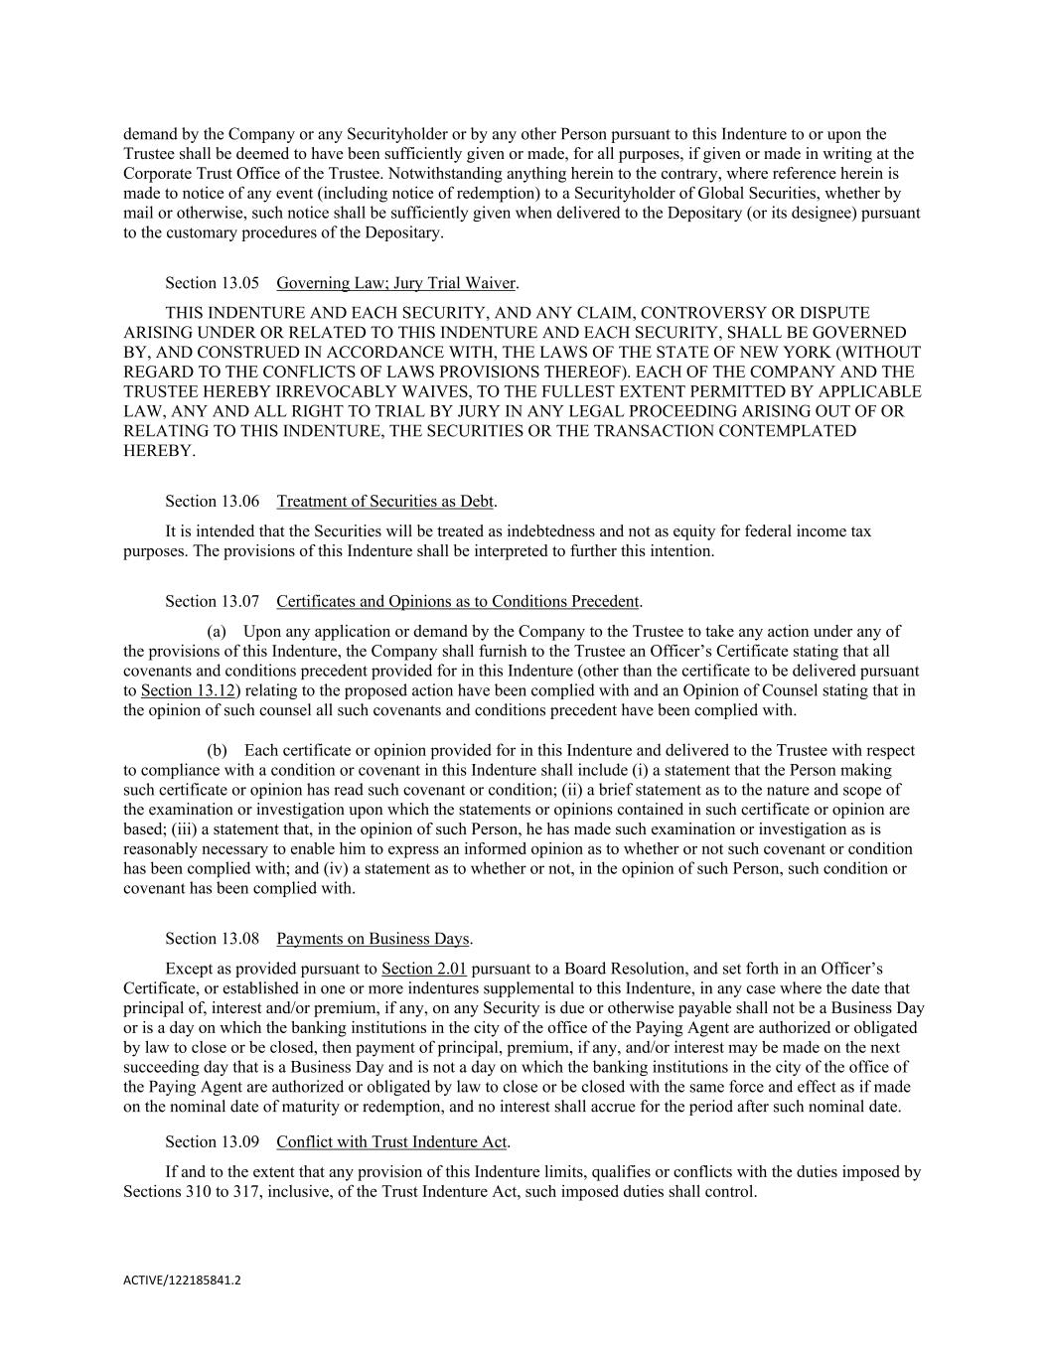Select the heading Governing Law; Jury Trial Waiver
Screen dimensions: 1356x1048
395,283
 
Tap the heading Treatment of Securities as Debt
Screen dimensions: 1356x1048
384,502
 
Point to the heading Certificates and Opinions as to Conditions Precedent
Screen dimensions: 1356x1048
457,602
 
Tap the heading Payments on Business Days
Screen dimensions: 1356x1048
373,939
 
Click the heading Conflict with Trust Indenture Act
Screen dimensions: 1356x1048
391,1142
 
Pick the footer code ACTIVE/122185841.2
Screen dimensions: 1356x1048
182,1281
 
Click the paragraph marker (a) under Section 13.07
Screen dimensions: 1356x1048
217,632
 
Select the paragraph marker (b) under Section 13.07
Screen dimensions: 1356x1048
217,751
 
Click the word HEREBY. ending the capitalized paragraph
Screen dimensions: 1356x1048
159,451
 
